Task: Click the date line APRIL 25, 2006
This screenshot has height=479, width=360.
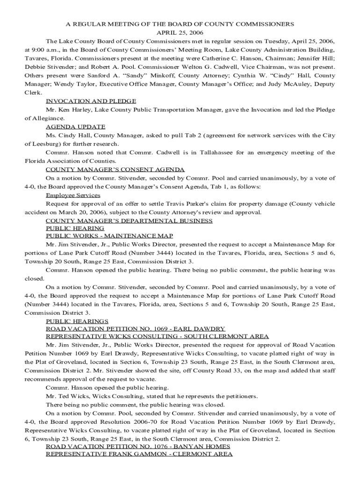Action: click(x=180, y=32)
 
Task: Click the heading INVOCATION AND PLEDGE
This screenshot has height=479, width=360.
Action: click(x=91, y=101)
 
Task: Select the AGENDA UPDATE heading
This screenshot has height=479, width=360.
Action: click(x=75, y=126)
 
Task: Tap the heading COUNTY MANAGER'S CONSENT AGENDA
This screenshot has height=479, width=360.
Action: click(x=115, y=169)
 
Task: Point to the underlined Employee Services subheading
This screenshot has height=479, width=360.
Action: click(x=72, y=195)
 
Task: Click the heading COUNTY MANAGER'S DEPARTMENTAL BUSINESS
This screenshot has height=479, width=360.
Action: click(x=129, y=220)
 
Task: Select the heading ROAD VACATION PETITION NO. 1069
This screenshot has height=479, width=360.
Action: click(x=135, y=329)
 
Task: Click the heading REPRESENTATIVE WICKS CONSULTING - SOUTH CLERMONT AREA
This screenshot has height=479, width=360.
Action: click(x=157, y=336)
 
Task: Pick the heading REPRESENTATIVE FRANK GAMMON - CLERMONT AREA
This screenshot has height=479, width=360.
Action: click(x=139, y=454)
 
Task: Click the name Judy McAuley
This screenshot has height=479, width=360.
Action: click(x=288, y=84)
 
